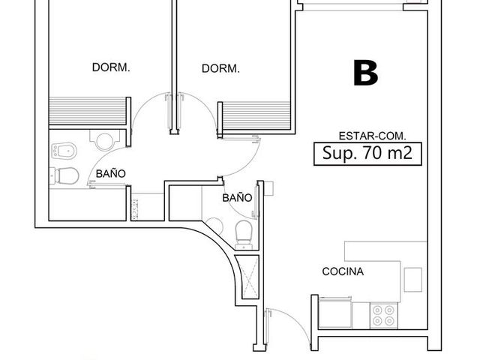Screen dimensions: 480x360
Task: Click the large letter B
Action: (x=366, y=73)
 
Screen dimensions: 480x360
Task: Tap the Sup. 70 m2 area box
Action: (x=367, y=154)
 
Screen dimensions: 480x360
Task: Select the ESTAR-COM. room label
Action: (x=372, y=136)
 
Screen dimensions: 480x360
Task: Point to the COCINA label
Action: (x=343, y=271)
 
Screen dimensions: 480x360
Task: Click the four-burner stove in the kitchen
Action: (x=383, y=316)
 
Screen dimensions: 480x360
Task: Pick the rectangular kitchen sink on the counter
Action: (x=413, y=280)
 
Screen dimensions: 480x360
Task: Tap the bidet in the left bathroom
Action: (x=63, y=151)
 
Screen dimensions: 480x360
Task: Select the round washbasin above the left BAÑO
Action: (x=105, y=142)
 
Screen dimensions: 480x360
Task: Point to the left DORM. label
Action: (x=111, y=67)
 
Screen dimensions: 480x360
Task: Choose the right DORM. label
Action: (x=220, y=68)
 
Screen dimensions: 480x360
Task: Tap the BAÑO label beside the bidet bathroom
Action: (x=111, y=174)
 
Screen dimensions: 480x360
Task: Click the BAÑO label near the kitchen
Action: (x=237, y=198)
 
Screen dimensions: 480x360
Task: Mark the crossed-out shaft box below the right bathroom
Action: (x=250, y=277)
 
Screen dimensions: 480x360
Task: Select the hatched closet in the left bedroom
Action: (x=88, y=111)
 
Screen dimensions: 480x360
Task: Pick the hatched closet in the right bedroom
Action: (x=256, y=116)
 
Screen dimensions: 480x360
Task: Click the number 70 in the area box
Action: (x=372, y=153)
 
